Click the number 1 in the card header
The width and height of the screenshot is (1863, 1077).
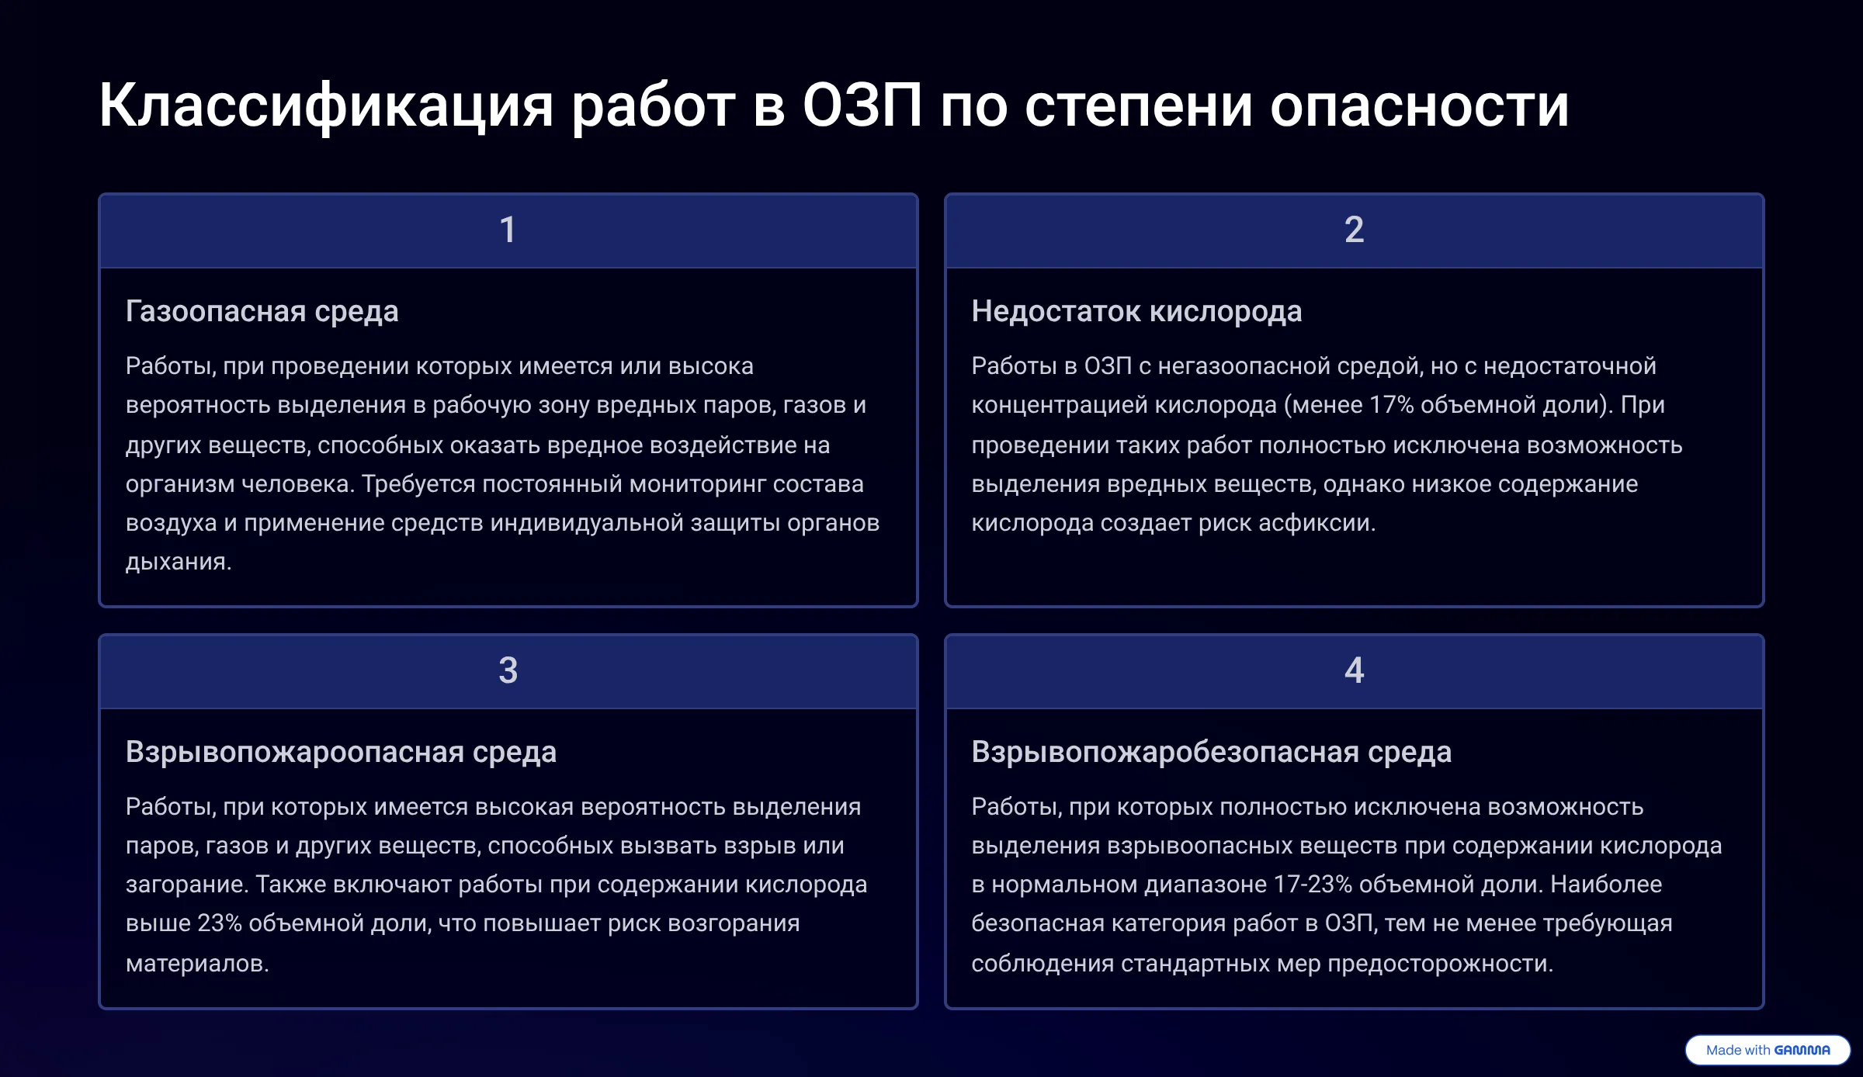508,230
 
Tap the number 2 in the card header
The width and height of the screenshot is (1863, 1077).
1354,230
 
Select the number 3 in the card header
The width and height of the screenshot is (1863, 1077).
508,670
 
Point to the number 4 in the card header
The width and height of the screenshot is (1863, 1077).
1354,670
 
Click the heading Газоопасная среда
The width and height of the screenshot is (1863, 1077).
262,311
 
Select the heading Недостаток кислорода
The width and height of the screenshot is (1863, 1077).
1136,311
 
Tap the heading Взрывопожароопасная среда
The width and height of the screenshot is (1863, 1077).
341,752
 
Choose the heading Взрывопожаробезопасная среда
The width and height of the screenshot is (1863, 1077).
1211,752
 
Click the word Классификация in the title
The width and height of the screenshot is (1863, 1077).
326,106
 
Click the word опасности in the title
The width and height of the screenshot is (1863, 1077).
1419,106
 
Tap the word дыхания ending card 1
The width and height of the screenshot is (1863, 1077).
179,563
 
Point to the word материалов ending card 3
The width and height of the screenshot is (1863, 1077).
197,964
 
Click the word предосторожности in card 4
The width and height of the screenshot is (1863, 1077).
1440,964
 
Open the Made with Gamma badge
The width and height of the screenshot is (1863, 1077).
1768,1050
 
